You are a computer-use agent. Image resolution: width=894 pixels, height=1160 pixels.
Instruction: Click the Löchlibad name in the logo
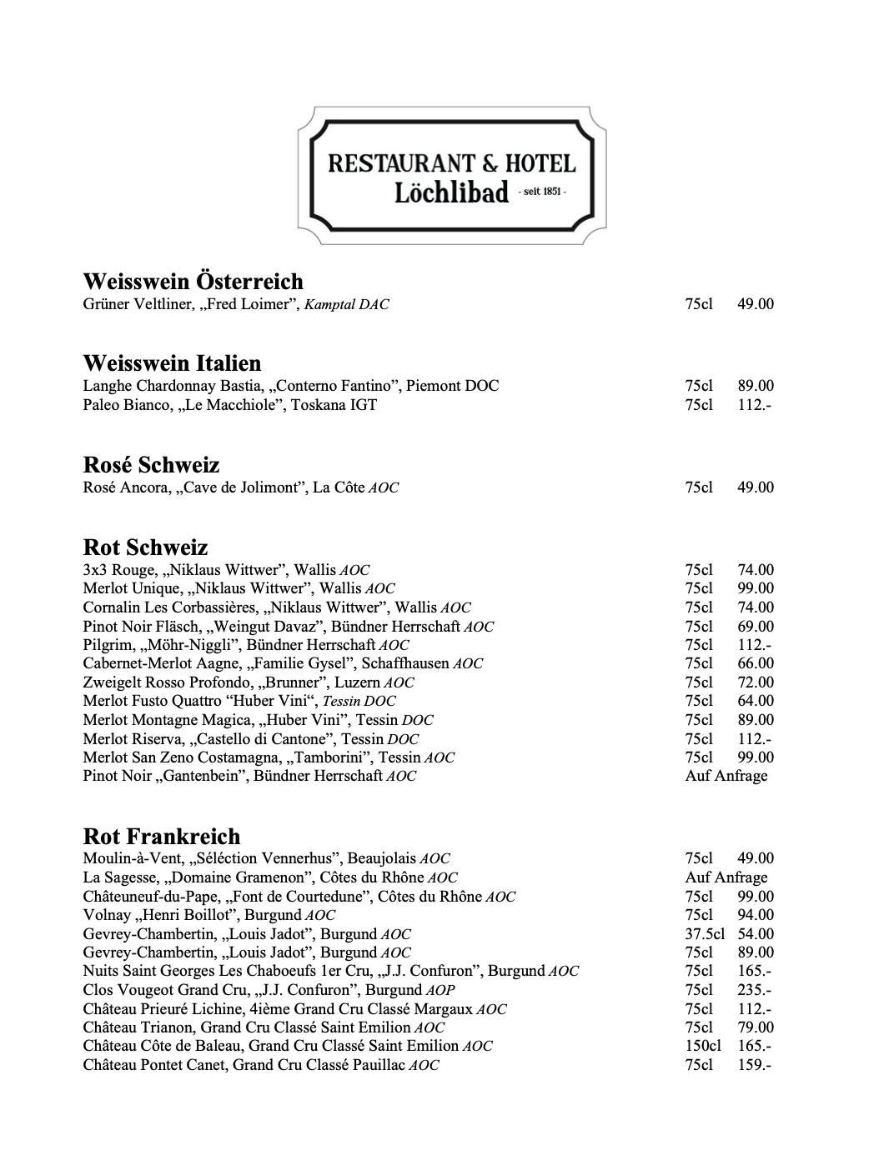click(x=450, y=193)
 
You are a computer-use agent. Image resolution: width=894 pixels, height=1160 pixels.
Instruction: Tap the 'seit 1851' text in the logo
click(x=541, y=192)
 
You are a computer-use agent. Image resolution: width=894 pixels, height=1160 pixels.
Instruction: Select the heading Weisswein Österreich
click(x=193, y=281)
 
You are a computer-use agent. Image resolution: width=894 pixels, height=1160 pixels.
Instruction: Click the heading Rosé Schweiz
click(x=151, y=464)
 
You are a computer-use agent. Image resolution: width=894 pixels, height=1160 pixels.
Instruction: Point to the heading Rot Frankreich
click(x=162, y=836)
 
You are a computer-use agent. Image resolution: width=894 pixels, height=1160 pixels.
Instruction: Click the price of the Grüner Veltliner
click(x=755, y=304)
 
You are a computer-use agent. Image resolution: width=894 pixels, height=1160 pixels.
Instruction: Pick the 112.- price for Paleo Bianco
click(x=754, y=405)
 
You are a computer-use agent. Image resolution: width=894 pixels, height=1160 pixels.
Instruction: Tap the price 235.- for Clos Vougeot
click(x=754, y=990)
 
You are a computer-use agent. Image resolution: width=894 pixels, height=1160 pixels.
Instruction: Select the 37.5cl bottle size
click(x=704, y=934)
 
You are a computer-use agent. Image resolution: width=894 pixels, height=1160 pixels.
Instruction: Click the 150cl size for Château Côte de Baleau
click(x=703, y=1046)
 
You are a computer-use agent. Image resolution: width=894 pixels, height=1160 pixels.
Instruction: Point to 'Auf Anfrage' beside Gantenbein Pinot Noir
click(x=726, y=776)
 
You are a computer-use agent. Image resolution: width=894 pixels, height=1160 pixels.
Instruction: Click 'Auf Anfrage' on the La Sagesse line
click(x=726, y=877)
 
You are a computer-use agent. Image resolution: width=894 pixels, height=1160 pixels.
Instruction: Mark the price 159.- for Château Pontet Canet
click(x=754, y=1065)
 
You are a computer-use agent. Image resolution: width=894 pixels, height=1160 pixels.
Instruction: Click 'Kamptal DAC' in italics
click(x=346, y=305)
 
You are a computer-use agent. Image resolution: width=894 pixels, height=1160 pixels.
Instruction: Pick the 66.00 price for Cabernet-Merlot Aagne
click(x=755, y=663)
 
